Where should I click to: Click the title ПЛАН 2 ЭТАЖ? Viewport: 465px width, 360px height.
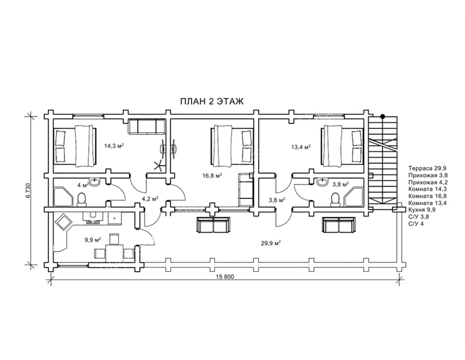[212, 101]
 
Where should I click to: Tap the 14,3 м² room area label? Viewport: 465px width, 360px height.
[114, 146]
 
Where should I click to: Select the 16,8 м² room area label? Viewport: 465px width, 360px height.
[212, 176]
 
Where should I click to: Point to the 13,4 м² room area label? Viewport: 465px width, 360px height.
[301, 147]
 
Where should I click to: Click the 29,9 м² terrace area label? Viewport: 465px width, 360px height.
[271, 243]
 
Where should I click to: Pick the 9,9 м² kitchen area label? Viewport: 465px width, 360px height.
[93, 240]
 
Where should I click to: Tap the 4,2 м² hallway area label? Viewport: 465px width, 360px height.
[150, 199]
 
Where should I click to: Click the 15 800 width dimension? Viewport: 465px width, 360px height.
[225, 277]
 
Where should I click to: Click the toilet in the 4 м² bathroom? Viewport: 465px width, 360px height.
[81, 200]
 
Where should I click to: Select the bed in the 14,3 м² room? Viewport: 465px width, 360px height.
[75, 146]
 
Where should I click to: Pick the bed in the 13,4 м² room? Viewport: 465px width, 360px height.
[342, 146]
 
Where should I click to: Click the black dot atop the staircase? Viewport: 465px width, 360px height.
[383, 117]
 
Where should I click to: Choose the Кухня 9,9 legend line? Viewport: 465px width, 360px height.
[422, 210]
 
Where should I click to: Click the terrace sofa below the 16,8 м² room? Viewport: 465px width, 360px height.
[213, 225]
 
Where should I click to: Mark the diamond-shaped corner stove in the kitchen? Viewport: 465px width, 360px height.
[63, 222]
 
